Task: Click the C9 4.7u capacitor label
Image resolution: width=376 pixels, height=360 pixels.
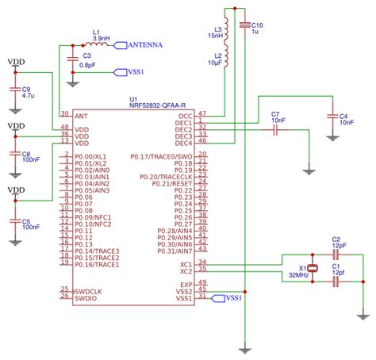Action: [x=27, y=92]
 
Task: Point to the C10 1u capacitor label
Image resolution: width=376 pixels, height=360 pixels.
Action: [x=256, y=28]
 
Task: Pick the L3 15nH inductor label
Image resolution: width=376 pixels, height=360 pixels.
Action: [x=215, y=33]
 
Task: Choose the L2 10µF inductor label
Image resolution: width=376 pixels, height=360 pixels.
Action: [x=215, y=59]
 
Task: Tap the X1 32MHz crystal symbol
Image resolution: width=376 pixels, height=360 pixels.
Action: [x=313, y=269]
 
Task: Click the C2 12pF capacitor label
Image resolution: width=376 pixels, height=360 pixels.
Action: [x=338, y=242]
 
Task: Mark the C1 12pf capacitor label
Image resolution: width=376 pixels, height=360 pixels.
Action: [x=338, y=270]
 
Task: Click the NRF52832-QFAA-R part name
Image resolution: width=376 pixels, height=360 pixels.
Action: [x=157, y=105]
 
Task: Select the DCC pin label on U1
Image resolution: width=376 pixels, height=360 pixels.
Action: [x=185, y=116]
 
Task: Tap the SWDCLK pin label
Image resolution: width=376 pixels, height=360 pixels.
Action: [x=88, y=291]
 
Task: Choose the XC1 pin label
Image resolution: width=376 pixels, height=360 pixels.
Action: [x=186, y=263]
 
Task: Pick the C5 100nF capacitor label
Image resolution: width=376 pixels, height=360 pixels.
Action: [x=31, y=223]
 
